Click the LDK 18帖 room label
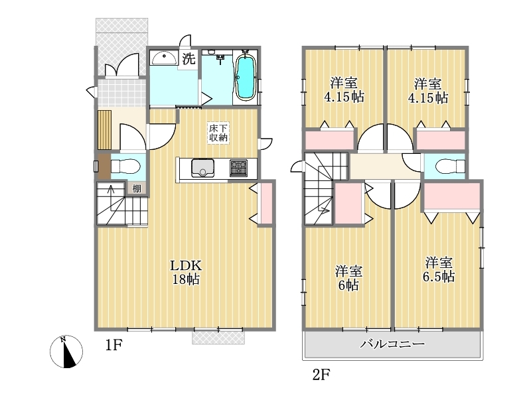186,272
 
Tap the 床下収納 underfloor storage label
218,133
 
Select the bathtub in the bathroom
245,77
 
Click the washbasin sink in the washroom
164,58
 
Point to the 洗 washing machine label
189,58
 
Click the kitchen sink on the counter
203,168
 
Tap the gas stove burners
238,168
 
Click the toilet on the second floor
451,166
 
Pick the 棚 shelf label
137,188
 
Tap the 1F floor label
113,345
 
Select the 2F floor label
321,375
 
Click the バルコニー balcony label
392,344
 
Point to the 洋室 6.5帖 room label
439,269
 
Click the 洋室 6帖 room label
348,278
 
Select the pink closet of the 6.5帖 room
452,196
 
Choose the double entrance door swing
122,65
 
